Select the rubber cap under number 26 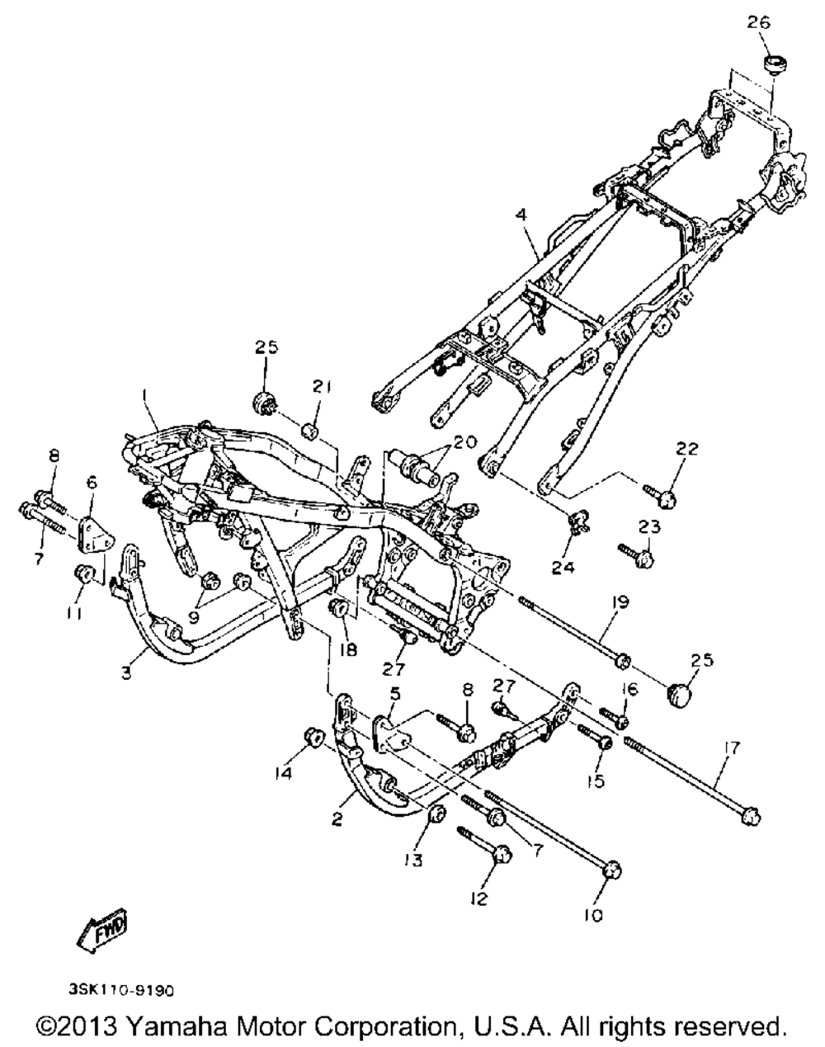(x=775, y=63)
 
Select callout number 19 (x=620, y=603)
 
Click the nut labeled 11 (x=82, y=572)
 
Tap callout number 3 (x=125, y=674)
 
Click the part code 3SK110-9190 (x=121, y=987)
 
